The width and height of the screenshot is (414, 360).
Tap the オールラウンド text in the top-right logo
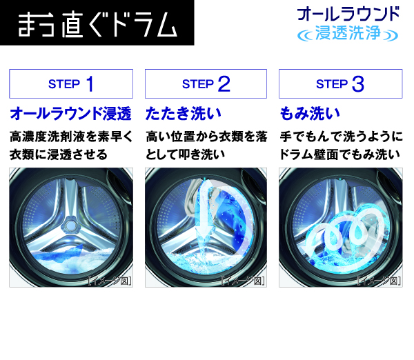click(x=347, y=14)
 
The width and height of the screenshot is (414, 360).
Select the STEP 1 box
click(x=70, y=84)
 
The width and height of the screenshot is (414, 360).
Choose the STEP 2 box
click(x=206, y=84)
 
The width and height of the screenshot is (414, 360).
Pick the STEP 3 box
click(x=339, y=84)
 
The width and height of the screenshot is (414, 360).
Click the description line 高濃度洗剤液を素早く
click(x=70, y=137)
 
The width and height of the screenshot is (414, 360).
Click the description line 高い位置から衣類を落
click(x=206, y=137)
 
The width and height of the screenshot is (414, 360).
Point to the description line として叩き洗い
click(x=186, y=154)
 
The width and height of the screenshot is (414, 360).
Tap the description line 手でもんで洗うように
click(x=340, y=137)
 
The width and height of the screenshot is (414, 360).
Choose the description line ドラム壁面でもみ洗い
click(x=340, y=154)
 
